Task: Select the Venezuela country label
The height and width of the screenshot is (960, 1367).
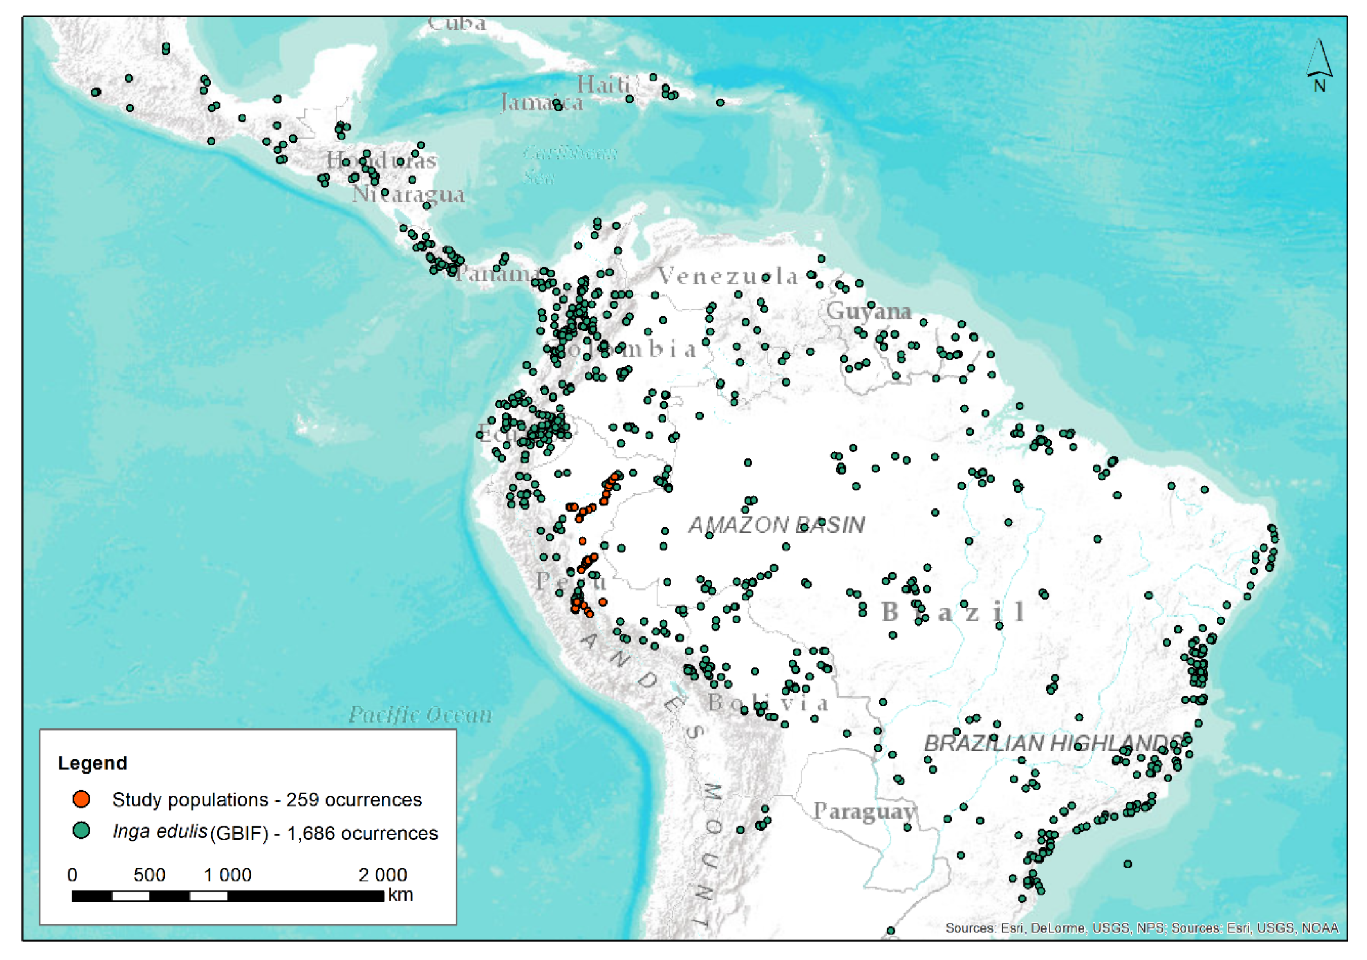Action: pyautogui.click(x=727, y=276)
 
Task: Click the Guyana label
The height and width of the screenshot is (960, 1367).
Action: pyautogui.click(x=869, y=311)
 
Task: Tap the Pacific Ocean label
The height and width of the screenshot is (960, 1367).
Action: pyautogui.click(x=420, y=714)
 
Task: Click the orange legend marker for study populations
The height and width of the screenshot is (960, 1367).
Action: pyautogui.click(x=81, y=799)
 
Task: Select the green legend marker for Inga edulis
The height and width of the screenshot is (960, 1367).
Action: pyautogui.click(x=81, y=831)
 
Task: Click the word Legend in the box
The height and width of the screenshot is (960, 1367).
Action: pyautogui.click(x=93, y=763)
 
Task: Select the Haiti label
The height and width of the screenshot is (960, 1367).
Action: pyautogui.click(x=604, y=85)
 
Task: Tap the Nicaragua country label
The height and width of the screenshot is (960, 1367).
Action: pyautogui.click(x=408, y=194)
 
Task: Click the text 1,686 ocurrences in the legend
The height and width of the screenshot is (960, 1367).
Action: pyautogui.click(x=362, y=833)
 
